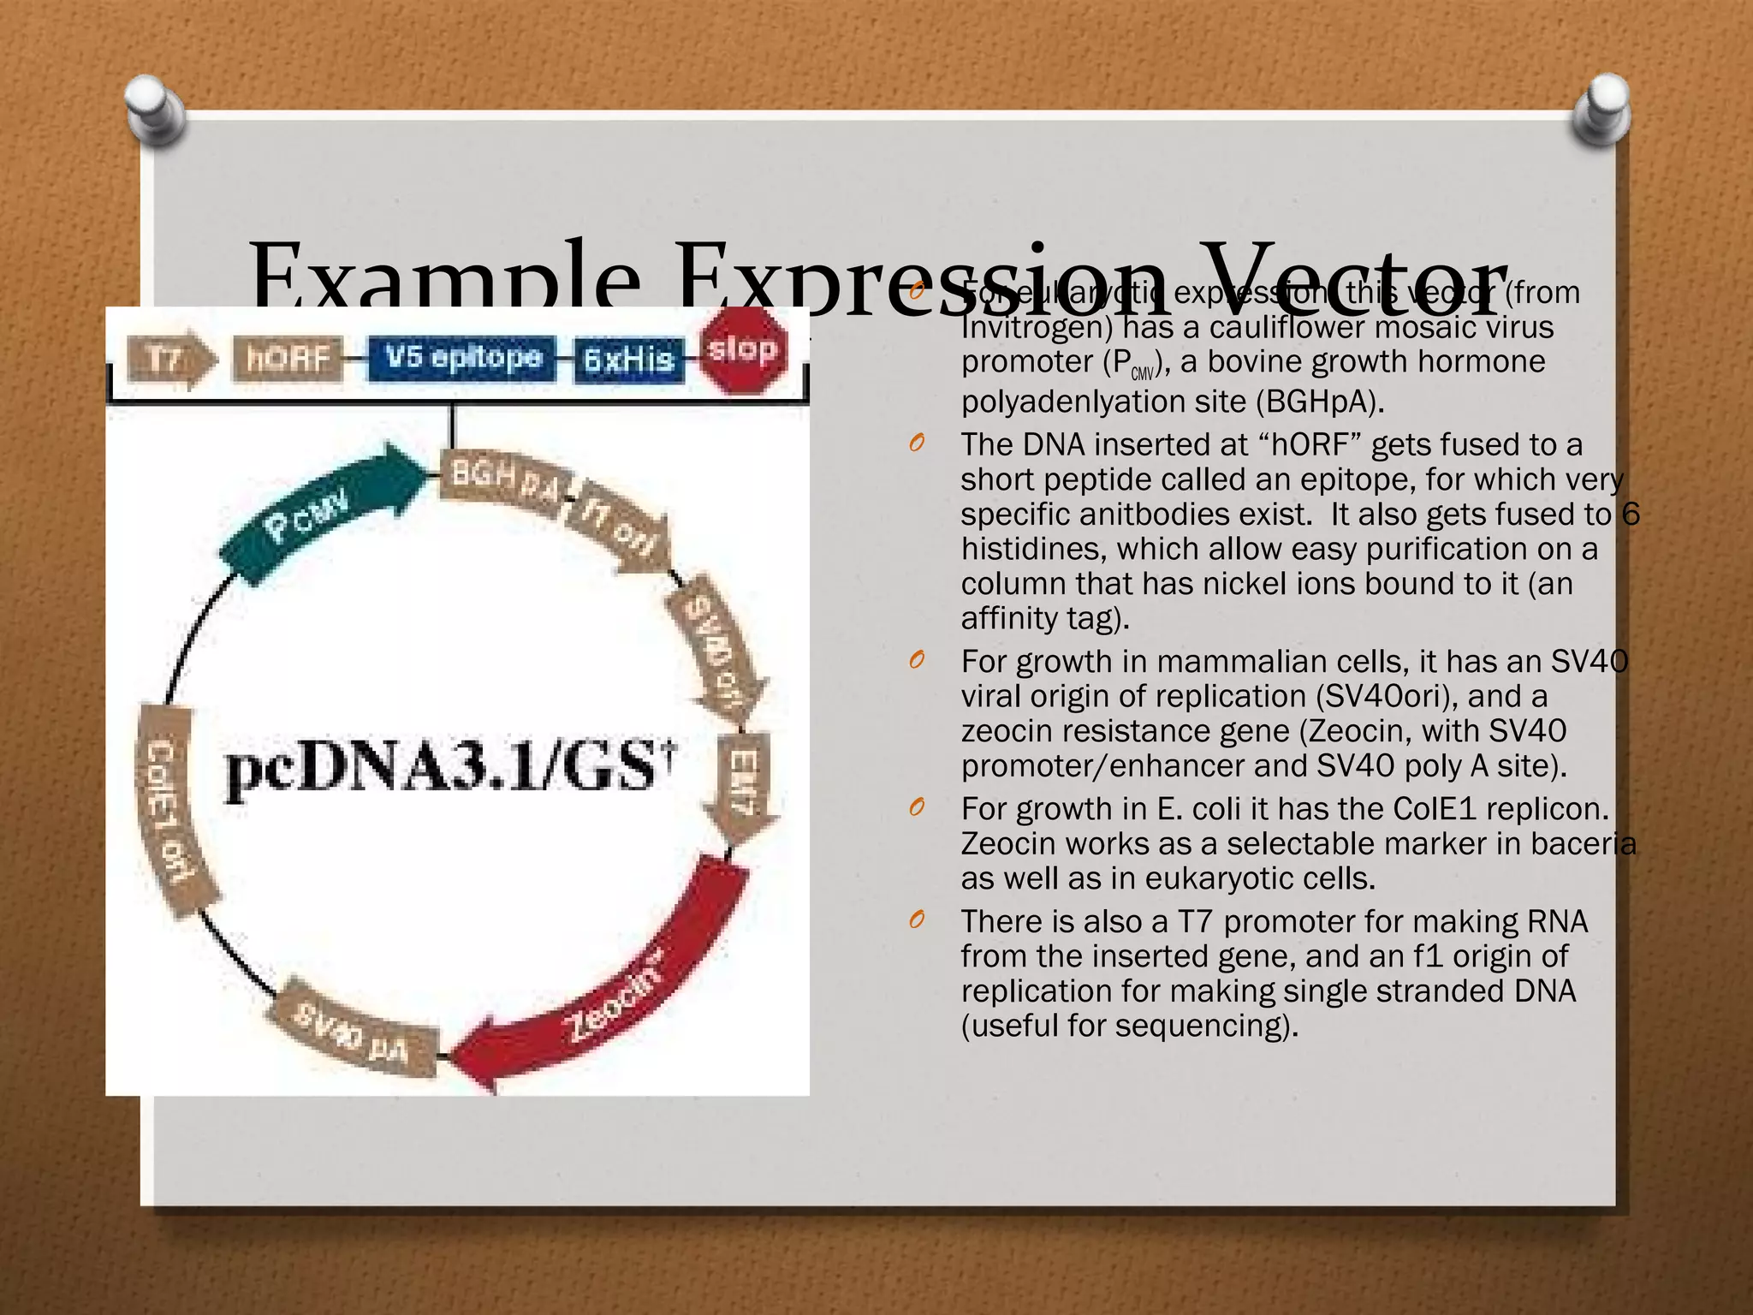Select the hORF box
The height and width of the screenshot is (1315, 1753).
[288, 358]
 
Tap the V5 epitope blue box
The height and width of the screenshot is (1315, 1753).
[463, 358]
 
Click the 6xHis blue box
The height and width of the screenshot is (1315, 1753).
[629, 360]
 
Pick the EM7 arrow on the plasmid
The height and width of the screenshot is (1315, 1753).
[742, 783]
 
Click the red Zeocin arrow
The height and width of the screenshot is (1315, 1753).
[616, 985]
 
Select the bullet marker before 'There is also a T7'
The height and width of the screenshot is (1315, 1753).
[917, 921]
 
